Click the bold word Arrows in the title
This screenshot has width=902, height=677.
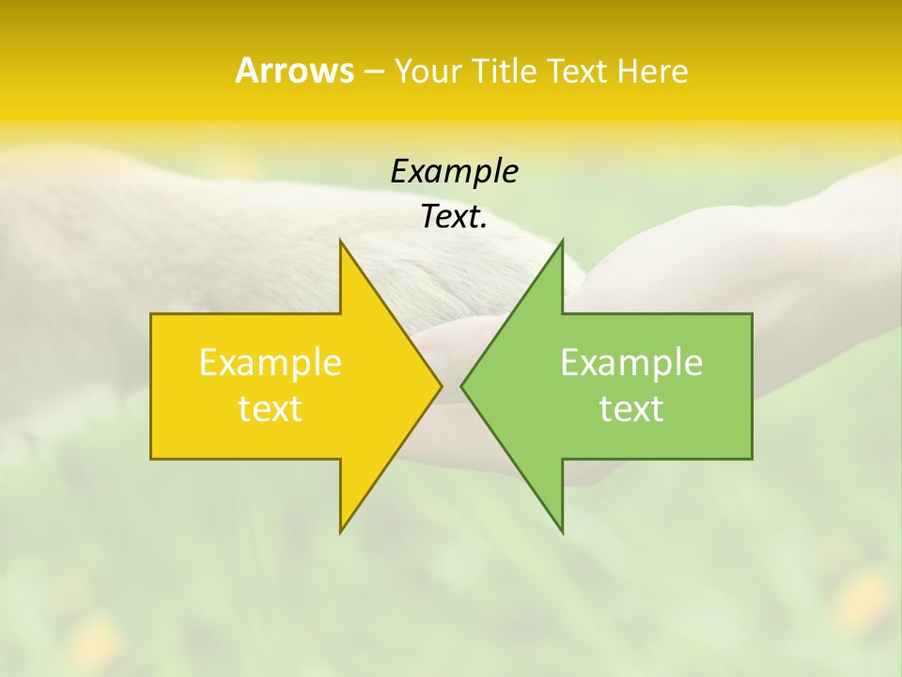pos(294,71)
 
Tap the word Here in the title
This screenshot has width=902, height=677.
pos(652,71)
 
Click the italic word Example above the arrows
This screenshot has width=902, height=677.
pos(454,171)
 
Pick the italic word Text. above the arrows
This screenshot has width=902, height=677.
pos(454,217)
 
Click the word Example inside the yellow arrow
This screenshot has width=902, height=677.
pos(271,362)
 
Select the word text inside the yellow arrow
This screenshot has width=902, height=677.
pos(271,408)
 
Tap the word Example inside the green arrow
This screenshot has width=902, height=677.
pos(631,362)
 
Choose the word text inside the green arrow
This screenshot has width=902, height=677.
pos(631,408)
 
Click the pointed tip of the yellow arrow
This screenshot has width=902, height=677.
pos(441,386)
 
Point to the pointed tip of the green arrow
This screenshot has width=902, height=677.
pos(462,386)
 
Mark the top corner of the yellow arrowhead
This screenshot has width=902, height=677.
pos(341,242)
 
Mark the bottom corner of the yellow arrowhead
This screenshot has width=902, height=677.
pos(341,531)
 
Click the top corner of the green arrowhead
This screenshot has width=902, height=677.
pos(562,242)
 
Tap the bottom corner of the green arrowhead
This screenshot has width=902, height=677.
pos(562,531)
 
